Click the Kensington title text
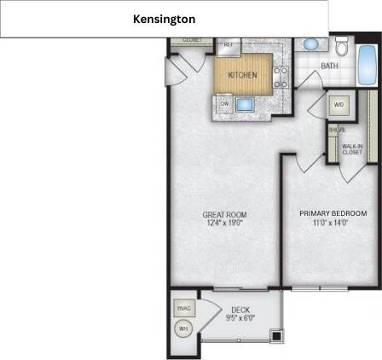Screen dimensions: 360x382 click(164, 19)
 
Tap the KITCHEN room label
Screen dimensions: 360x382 click(242, 75)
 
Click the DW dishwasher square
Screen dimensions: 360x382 click(224, 104)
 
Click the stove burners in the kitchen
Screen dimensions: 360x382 click(281, 75)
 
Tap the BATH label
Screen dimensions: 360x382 click(329, 65)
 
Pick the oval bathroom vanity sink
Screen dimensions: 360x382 click(311, 44)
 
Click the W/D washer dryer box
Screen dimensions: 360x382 click(339, 105)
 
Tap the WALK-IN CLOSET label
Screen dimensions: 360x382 click(351, 148)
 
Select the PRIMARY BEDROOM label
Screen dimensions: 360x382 click(333, 213)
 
